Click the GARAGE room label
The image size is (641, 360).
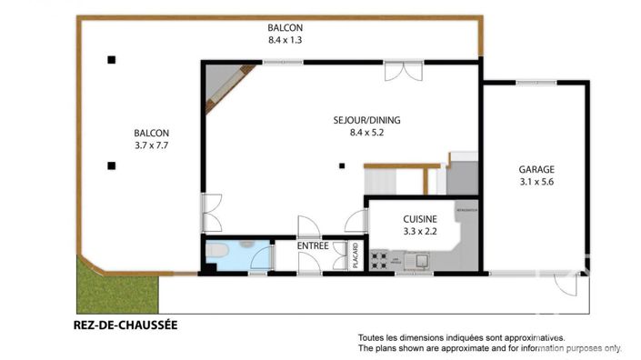coord(536,169)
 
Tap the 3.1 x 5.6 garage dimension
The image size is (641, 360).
coord(536,183)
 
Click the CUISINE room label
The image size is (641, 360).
coord(420,219)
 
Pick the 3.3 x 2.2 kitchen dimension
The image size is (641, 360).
coord(420,232)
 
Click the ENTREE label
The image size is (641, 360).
coord(313,245)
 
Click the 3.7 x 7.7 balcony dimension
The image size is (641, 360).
coord(151,145)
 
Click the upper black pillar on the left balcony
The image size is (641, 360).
coord(111,60)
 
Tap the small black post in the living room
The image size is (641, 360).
coord(342,165)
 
